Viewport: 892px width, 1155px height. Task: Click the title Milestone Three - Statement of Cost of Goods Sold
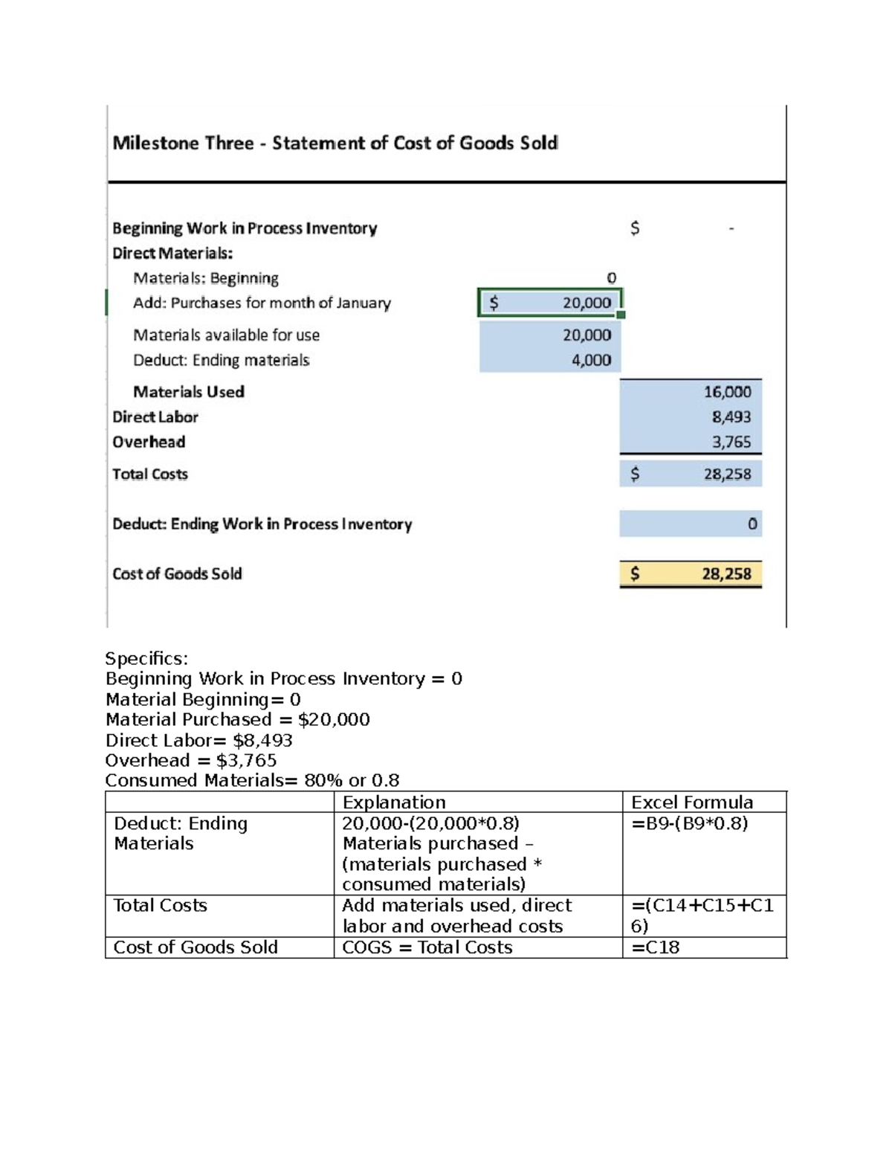coord(335,143)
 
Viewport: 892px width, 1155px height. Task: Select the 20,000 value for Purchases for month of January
coord(586,303)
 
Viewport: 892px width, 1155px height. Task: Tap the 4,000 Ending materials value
coord(591,360)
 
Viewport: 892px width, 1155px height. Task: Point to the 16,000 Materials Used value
coord(727,392)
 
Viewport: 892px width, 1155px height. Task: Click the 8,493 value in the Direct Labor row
coord(731,417)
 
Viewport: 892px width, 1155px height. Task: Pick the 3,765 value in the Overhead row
coord(731,442)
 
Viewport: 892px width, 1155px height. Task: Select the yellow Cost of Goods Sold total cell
coord(691,573)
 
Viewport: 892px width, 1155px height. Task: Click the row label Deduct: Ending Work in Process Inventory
coord(262,524)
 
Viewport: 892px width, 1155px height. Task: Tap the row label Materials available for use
coord(226,335)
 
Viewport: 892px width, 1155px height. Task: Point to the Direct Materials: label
coord(172,253)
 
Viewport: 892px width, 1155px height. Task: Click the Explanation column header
coord(394,802)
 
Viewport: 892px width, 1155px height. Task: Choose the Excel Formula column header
coord(691,802)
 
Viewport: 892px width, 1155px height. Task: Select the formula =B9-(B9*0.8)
coord(689,823)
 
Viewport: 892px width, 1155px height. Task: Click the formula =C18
coord(655,948)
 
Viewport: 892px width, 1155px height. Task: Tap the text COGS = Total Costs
coord(427,948)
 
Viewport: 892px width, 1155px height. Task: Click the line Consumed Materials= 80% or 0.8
coord(252,781)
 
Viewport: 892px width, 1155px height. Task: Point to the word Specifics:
coord(146,658)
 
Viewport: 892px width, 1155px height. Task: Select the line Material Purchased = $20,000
coord(237,720)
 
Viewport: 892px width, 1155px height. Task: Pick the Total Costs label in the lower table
coord(160,906)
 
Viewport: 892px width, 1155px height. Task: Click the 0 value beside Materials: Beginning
coord(611,278)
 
